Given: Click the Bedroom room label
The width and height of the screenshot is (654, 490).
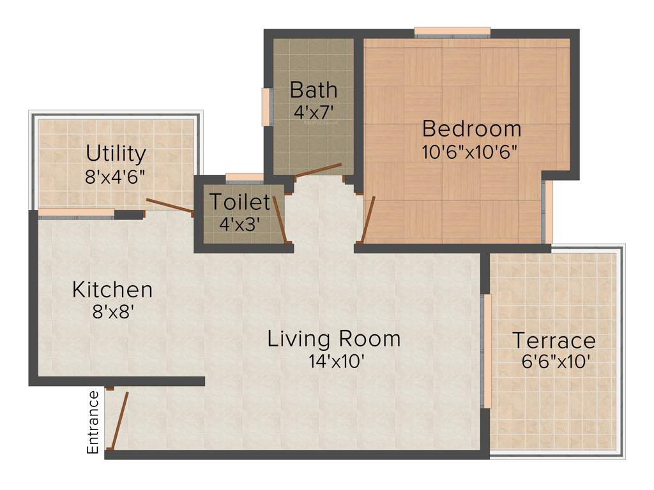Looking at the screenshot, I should (x=471, y=129).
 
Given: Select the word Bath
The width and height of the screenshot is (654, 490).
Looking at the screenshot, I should (x=313, y=89).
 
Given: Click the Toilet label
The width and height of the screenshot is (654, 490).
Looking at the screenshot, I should (x=240, y=202).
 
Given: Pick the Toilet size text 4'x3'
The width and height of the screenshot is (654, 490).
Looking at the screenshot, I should (x=240, y=224).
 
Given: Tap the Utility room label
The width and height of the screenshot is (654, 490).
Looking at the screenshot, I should (x=116, y=154).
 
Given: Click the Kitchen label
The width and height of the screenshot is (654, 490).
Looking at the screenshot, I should (x=112, y=290).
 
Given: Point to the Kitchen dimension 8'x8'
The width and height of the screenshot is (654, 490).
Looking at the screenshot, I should (x=112, y=313).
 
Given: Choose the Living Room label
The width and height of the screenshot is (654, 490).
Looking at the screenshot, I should (x=334, y=338).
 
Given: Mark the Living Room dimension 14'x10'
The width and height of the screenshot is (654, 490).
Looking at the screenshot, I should (x=336, y=361).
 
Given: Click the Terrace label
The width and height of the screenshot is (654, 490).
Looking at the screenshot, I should (x=554, y=340).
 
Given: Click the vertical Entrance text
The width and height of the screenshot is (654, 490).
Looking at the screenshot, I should (x=93, y=422).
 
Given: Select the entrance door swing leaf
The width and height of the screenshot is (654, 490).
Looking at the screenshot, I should (x=119, y=421).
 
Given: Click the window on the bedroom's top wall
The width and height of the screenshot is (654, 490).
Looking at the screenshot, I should (x=452, y=31).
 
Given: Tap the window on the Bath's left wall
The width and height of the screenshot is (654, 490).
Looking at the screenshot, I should (x=266, y=107).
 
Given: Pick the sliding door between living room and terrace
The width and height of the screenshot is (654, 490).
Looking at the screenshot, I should (x=485, y=351).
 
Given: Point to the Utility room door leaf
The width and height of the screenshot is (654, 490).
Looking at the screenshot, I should (x=169, y=205).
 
